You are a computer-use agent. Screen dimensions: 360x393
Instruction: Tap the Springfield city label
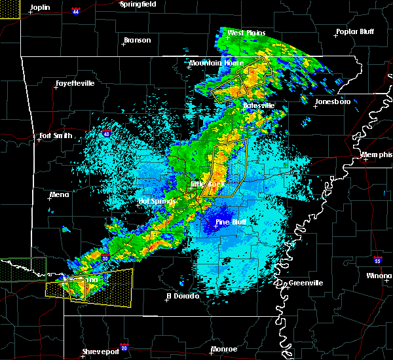(138, 4)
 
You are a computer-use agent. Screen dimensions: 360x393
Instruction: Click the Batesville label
(258, 105)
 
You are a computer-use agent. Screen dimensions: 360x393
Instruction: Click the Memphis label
(375, 154)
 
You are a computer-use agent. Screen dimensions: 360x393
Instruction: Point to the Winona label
(379, 276)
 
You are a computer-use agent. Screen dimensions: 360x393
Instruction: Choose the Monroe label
(224, 349)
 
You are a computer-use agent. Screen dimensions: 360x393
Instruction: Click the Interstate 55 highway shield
(379, 259)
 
